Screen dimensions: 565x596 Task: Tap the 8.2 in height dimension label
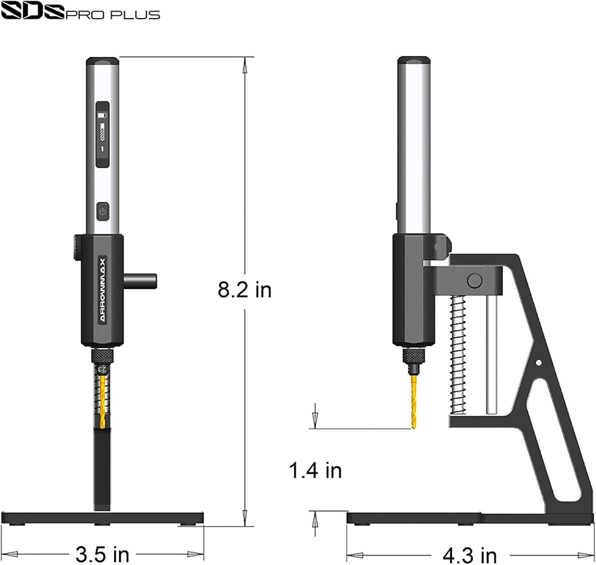(x=244, y=289)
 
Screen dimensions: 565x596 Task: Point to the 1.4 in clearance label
(x=315, y=470)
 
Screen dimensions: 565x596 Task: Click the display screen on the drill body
(x=103, y=134)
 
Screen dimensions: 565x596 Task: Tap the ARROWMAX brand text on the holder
(x=103, y=289)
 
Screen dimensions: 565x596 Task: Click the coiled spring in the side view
(x=458, y=355)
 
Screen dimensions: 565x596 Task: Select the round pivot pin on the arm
(x=474, y=281)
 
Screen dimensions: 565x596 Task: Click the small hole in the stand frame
(x=538, y=363)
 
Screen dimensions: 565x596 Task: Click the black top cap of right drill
(x=414, y=61)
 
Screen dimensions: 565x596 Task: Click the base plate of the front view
(x=103, y=518)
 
